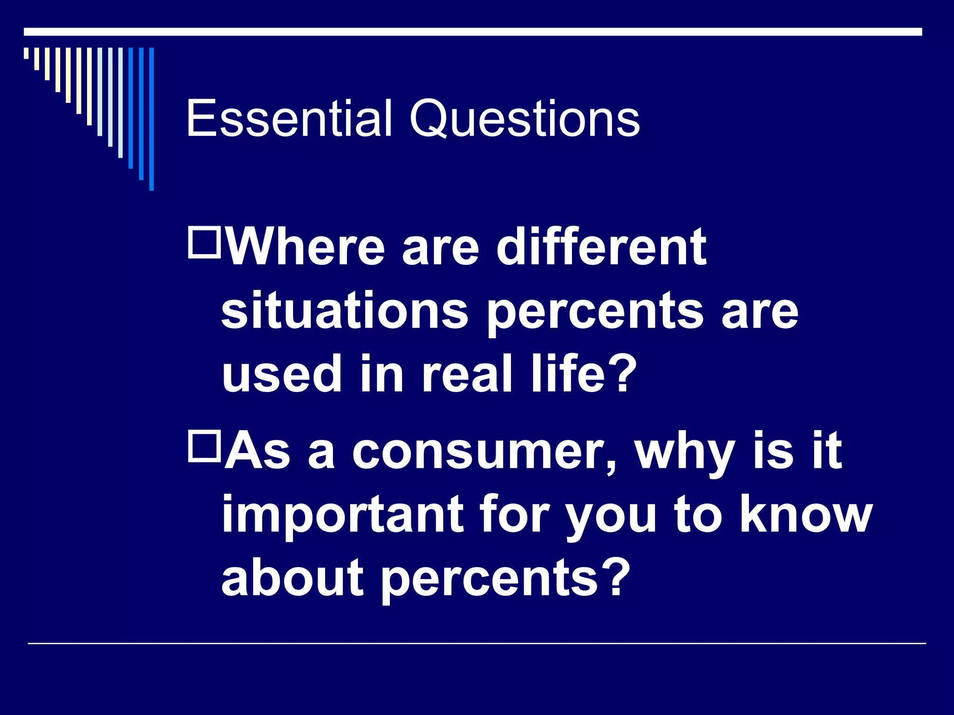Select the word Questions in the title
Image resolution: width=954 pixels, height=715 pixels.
point(525,119)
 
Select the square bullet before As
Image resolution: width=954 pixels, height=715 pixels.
point(204,446)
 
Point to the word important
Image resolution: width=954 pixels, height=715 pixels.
point(342,515)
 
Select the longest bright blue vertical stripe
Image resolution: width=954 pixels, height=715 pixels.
point(151,119)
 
